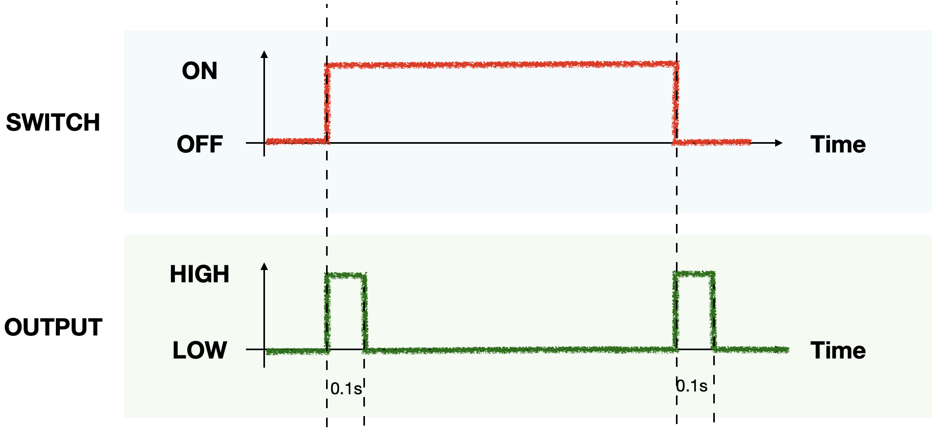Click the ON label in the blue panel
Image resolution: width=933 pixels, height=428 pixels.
point(200,71)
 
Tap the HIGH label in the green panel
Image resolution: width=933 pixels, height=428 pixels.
point(199,274)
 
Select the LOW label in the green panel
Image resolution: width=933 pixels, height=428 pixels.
point(200,350)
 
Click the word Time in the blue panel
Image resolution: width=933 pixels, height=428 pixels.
point(838,144)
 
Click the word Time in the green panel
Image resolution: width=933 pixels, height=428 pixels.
point(838,350)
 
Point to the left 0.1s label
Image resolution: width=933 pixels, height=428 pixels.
point(346,389)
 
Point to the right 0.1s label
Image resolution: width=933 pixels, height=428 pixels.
point(692,386)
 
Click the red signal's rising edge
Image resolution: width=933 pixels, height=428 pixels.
point(327,103)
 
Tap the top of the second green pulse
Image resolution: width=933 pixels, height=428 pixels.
point(694,274)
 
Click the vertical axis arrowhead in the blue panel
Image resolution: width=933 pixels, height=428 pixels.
point(264,54)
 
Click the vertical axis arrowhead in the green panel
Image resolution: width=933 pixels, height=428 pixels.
point(264,266)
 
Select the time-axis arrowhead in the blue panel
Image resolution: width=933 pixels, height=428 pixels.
point(779,143)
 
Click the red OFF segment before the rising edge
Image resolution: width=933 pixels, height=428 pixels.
point(296,141)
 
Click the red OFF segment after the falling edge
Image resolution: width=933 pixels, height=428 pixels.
point(714,142)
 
